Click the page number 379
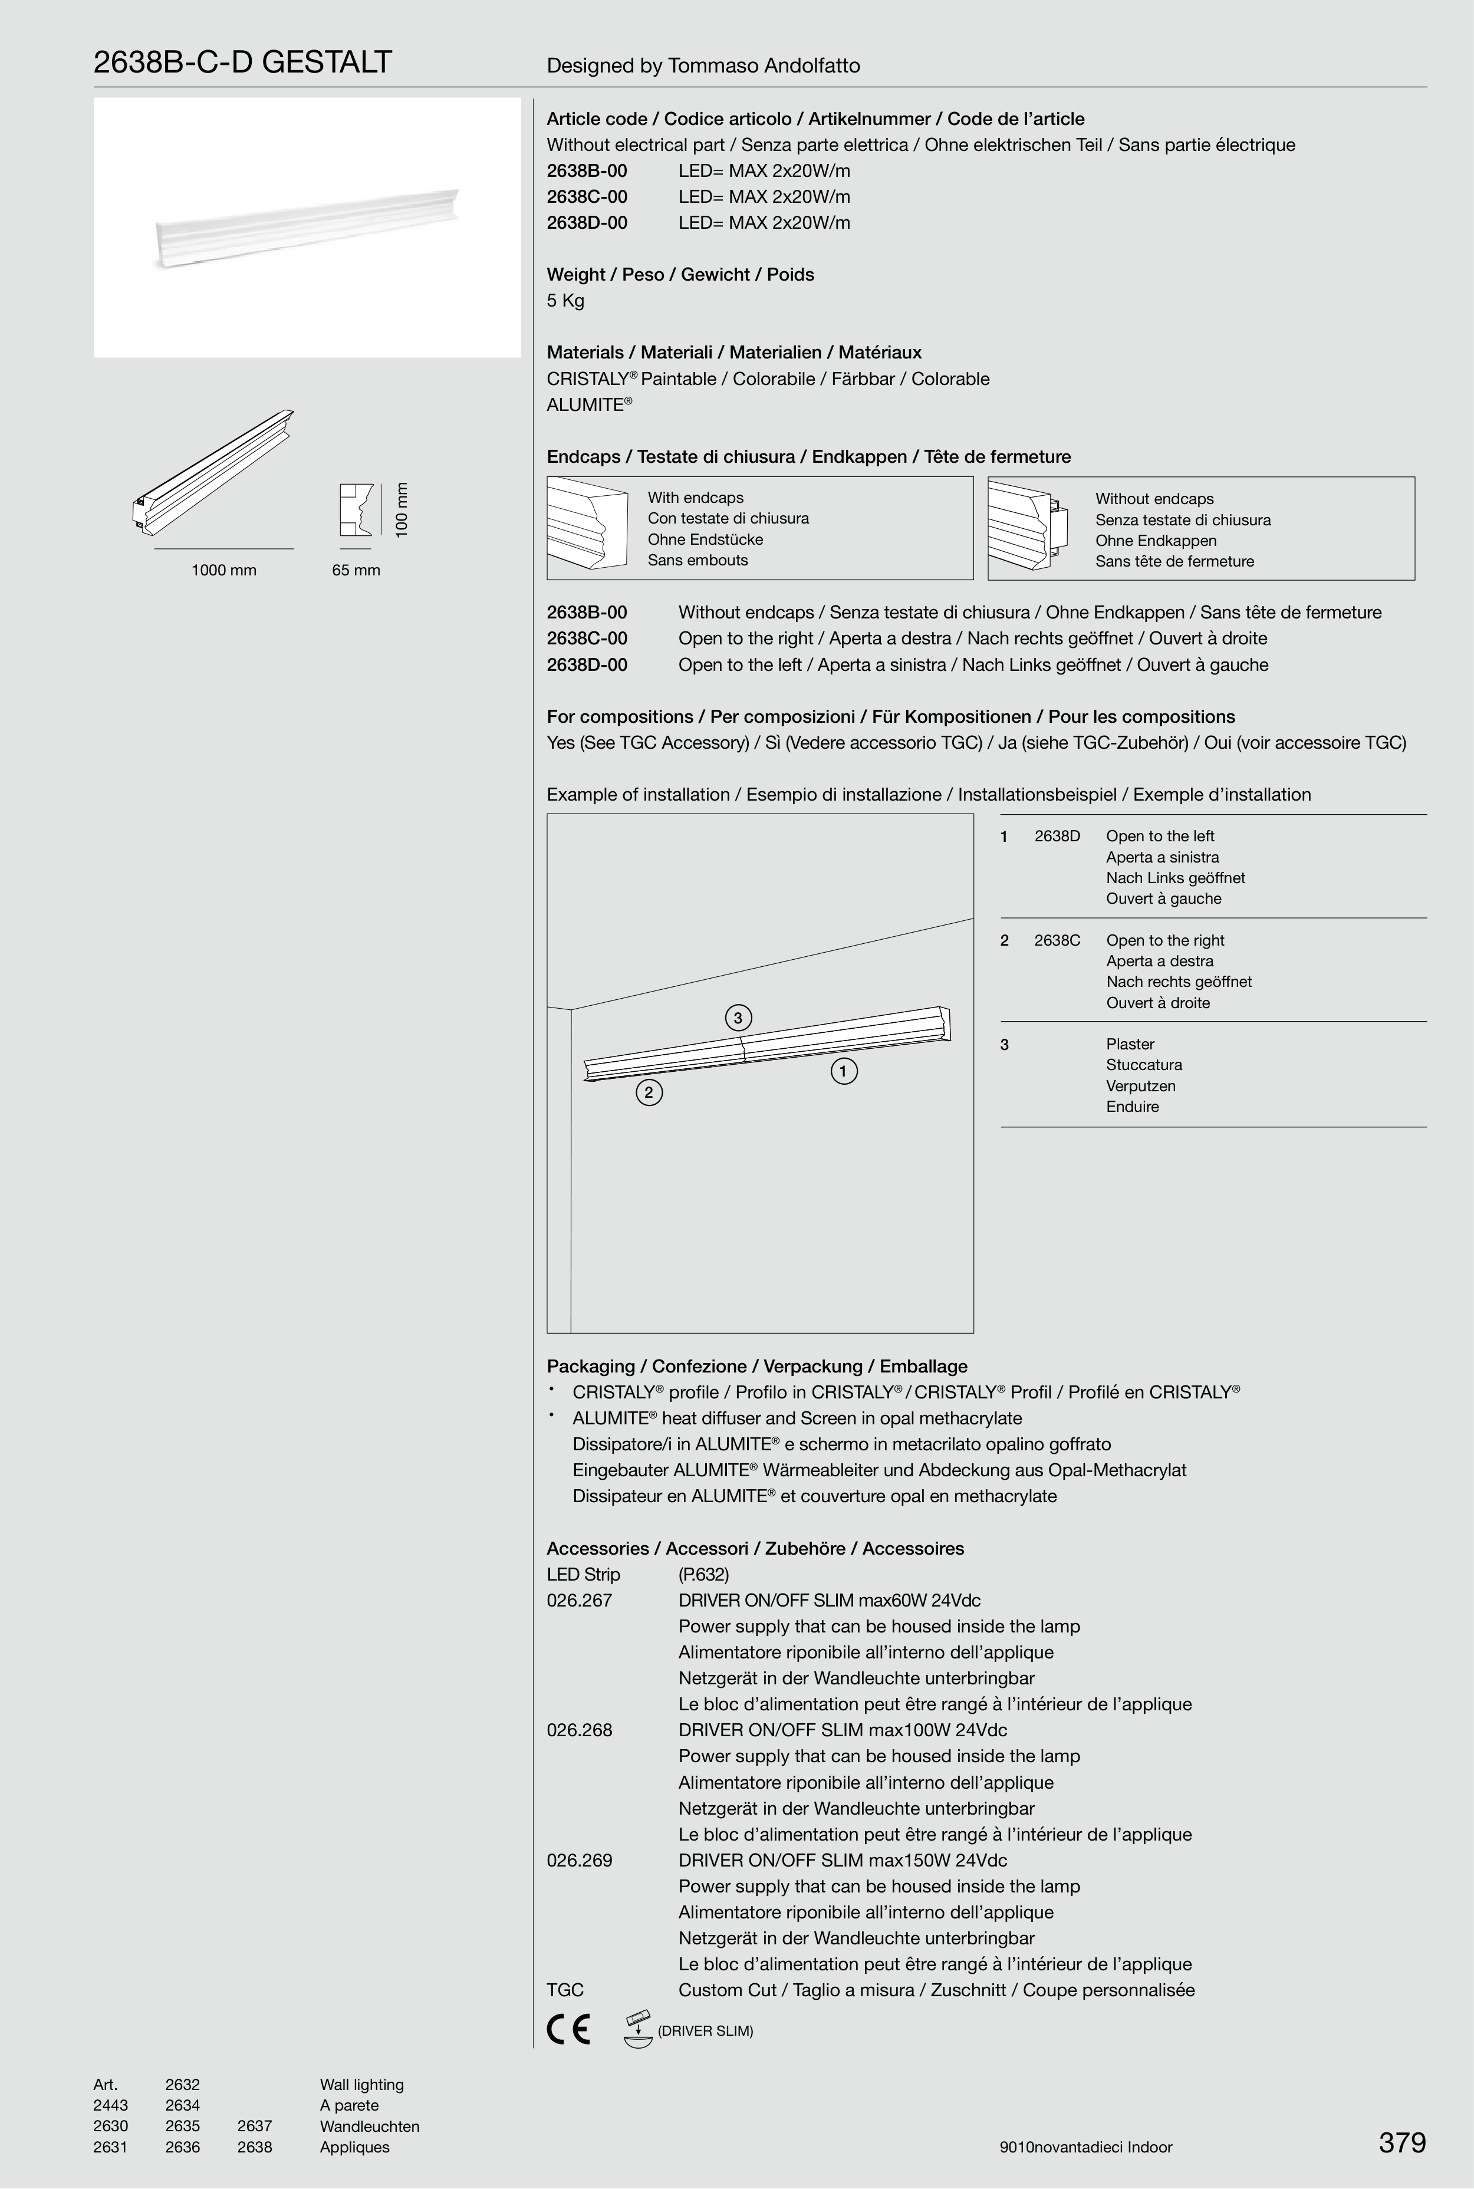1401,2142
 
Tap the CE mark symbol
568,2030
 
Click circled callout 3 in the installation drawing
738,1018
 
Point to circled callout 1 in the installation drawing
843,1071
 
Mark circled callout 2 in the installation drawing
649,1092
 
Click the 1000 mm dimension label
223,571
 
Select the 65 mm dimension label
356,571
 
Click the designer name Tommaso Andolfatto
764,66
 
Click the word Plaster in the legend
1130,1044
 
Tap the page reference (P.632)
703,1574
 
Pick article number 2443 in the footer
110,2105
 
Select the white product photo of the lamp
307,228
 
